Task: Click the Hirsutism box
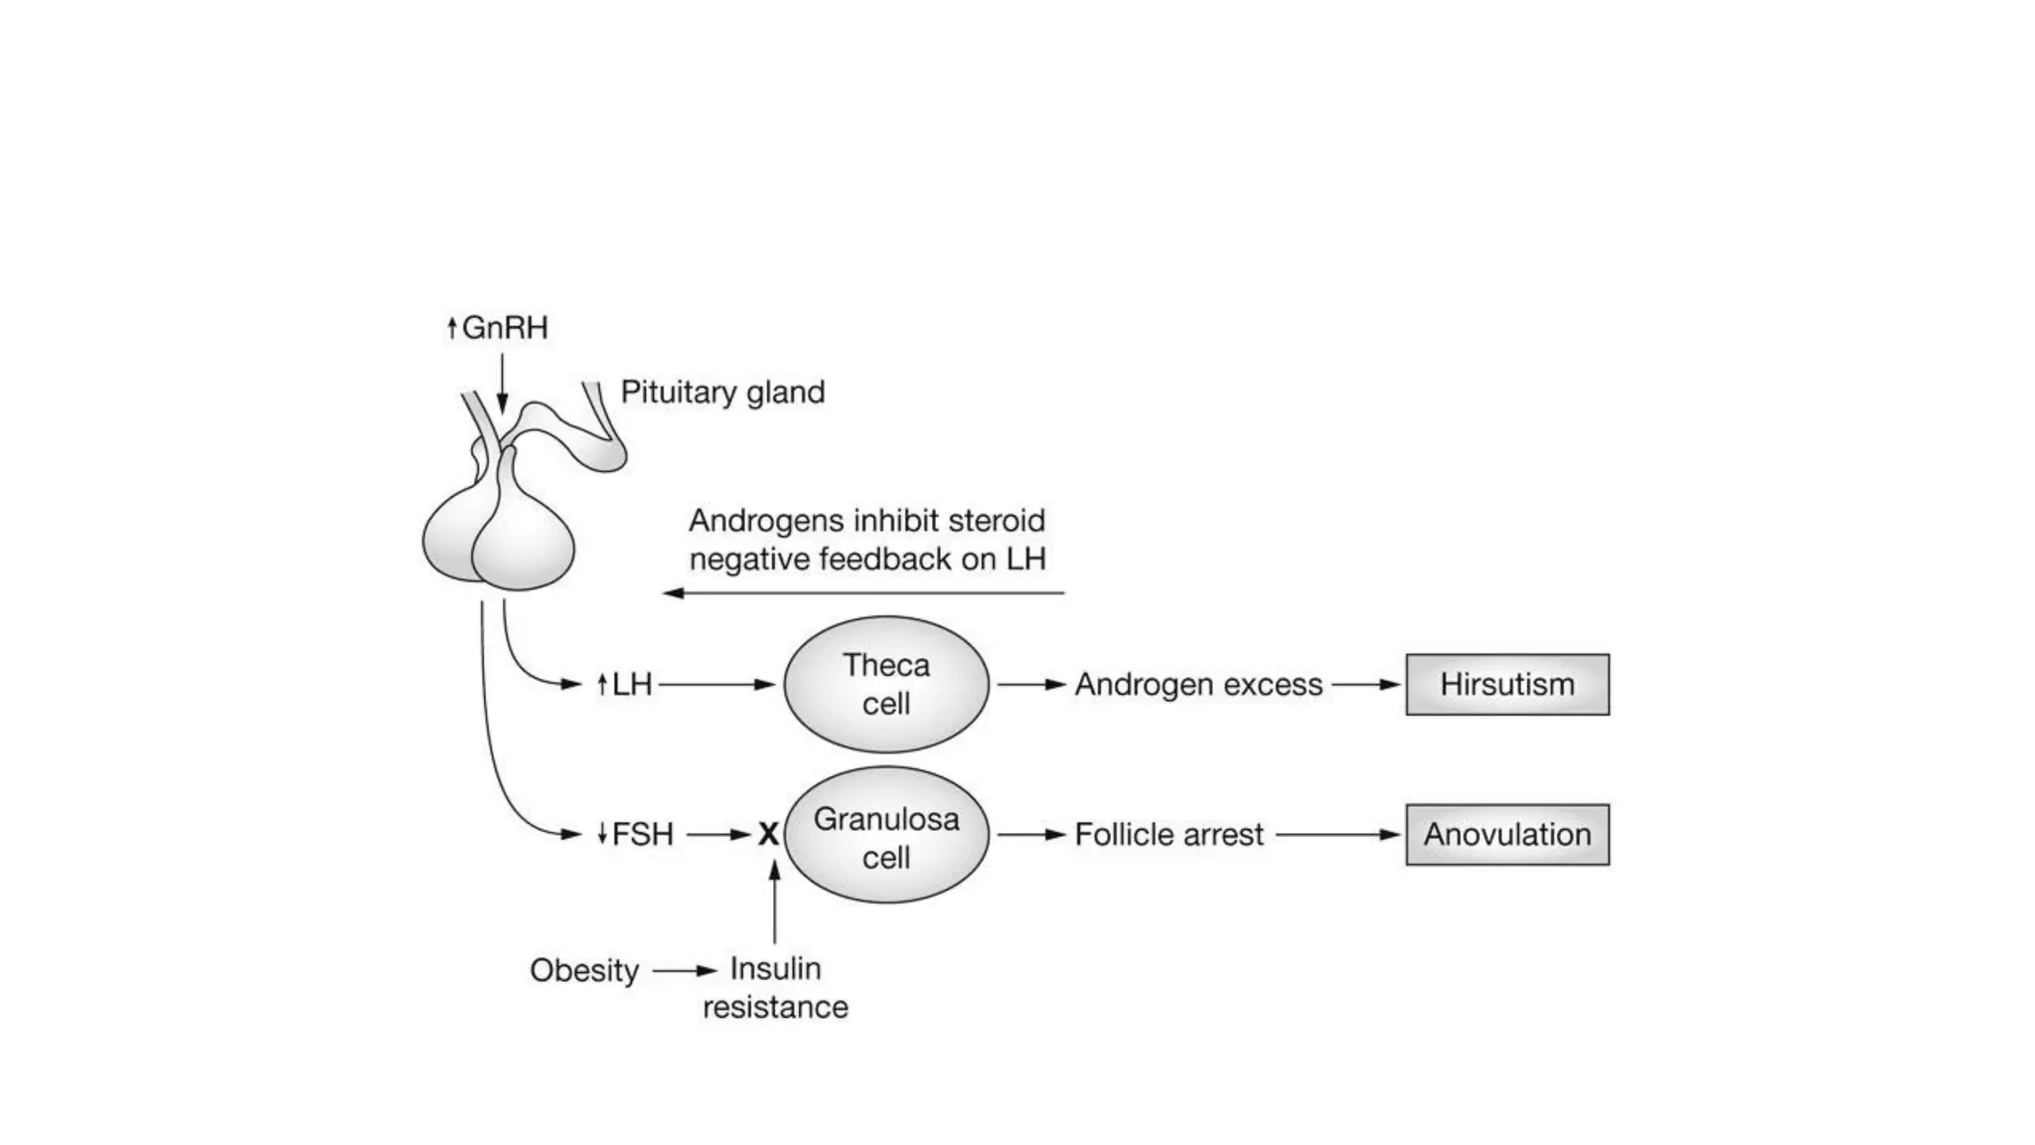point(1506,684)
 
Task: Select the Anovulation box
point(1506,834)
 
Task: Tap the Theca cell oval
point(885,684)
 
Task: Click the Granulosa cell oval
point(885,835)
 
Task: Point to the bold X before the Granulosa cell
point(768,835)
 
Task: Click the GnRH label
point(504,328)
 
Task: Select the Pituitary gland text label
point(722,392)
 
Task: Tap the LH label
point(631,684)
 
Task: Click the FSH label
point(642,834)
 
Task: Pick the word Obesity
point(583,970)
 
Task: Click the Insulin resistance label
point(775,987)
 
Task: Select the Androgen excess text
point(1198,684)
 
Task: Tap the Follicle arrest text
point(1169,834)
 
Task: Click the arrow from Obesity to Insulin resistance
point(684,970)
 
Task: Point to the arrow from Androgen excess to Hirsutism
point(1365,684)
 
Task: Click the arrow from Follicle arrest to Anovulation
point(1337,834)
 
